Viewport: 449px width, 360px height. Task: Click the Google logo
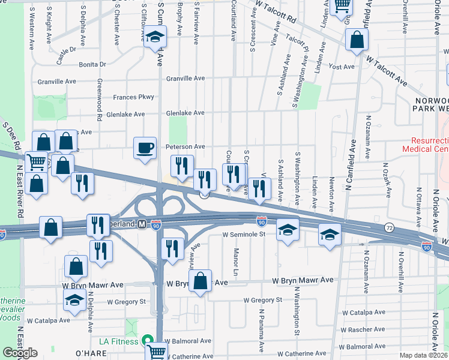coord(20,353)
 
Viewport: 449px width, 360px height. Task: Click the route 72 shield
coord(390,228)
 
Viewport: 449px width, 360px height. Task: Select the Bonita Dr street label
coord(92,64)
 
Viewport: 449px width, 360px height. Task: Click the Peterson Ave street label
coord(185,146)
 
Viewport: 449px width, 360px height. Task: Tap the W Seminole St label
coord(244,235)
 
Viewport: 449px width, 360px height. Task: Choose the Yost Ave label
coord(343,67)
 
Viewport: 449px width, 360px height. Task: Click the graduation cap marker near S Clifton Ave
coord(155,38)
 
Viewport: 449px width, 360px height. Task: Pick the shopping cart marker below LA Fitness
coord(156,352)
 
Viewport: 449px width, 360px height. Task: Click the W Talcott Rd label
coord(276,11)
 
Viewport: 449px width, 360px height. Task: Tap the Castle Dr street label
coord(67,56)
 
